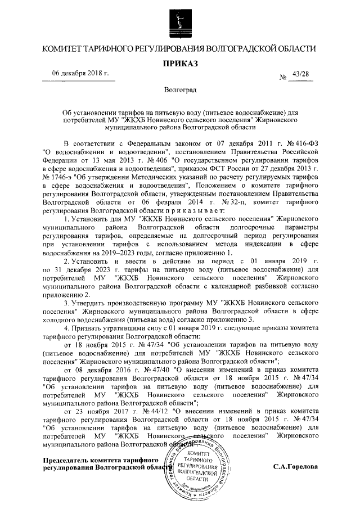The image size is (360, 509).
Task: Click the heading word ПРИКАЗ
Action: (x=180, y=65)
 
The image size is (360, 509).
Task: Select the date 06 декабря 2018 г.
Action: (x=80, y=74)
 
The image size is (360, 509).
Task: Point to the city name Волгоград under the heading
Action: (x=180, y=90)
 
